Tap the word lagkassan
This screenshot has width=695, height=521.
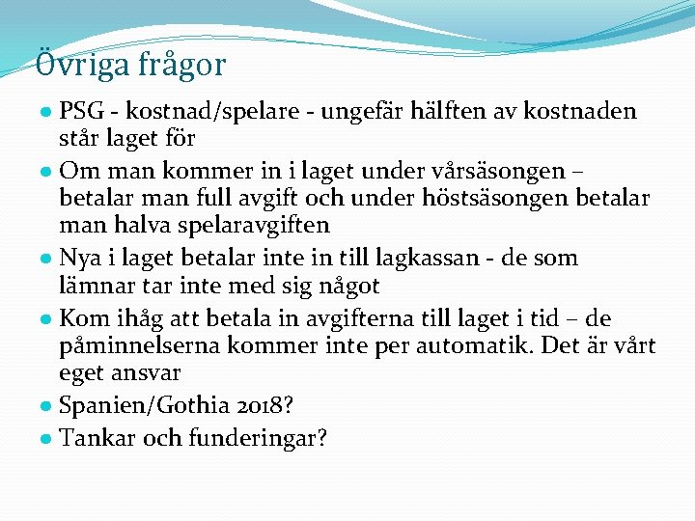pos(476,258)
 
